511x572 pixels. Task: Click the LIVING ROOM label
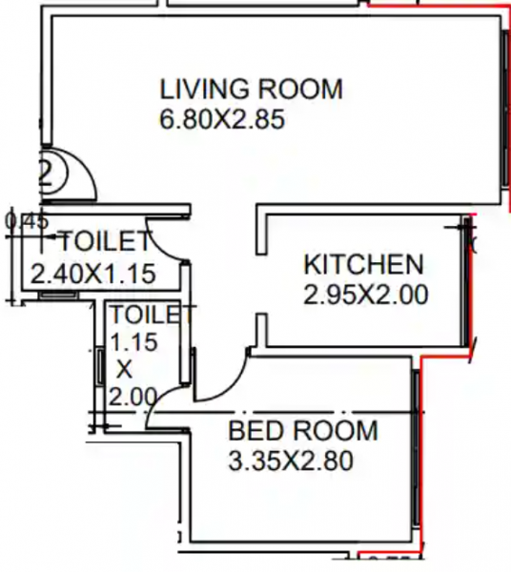(251, 91)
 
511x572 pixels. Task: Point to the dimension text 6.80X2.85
(223, 120)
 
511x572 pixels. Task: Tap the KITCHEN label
(363, 264)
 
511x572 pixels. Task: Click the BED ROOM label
(302, 431)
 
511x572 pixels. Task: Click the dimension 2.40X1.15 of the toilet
(92, 274)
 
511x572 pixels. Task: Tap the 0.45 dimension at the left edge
(26, 221)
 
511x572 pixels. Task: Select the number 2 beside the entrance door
(45, 173)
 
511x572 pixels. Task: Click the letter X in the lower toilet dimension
(124, 367)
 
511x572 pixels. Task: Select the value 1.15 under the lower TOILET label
(133, 340)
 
